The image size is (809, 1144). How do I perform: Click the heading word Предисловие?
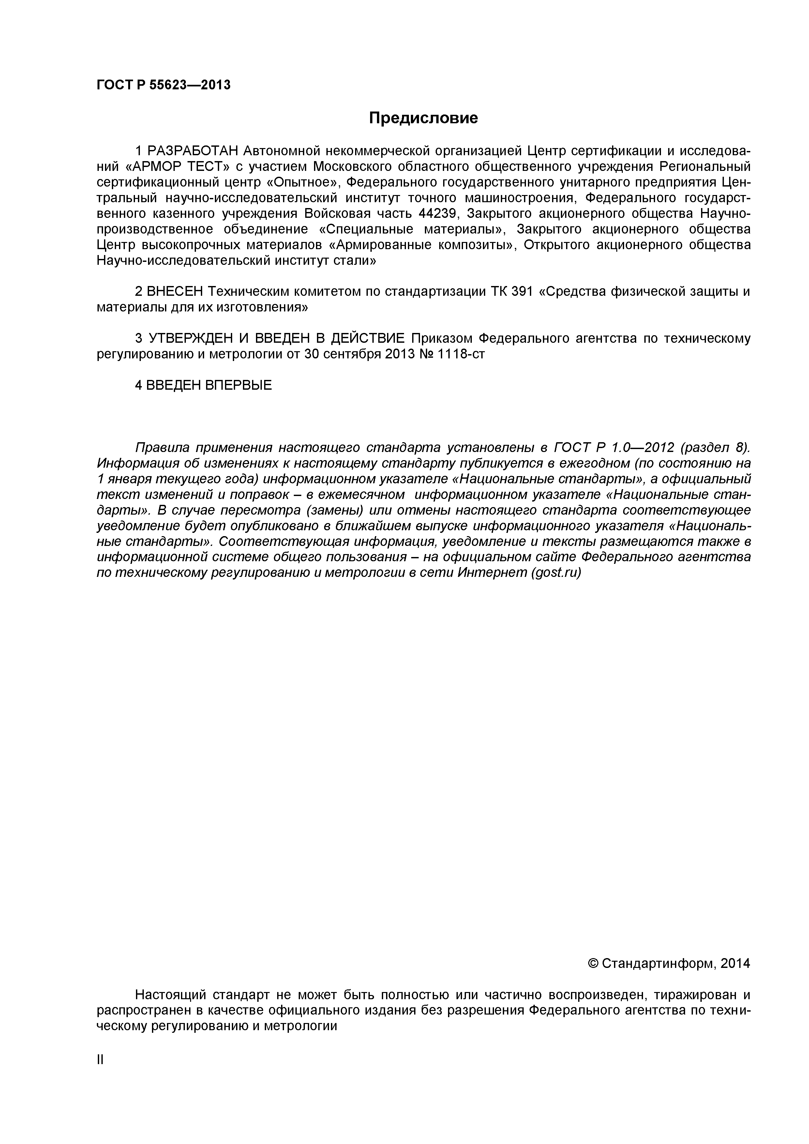coord(423,118)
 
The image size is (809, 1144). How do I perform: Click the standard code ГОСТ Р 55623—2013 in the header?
coord(163,85)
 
